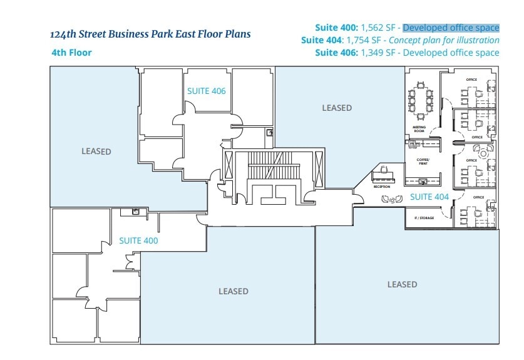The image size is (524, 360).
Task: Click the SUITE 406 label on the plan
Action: pos(206,91)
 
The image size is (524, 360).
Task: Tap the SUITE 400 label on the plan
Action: pos(138,240)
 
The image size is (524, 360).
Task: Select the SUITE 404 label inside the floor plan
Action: pos(429,197)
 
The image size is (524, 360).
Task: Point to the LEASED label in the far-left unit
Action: pos(96,152)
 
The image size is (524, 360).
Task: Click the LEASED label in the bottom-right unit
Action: pos(402,284)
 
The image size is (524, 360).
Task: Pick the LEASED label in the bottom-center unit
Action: pos(234,291)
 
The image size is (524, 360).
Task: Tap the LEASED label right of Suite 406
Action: pos(337,108)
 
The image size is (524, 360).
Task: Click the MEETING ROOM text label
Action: pos(419,129)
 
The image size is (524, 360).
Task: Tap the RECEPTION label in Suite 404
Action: pos(382,187)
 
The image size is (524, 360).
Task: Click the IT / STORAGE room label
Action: pos(424,218)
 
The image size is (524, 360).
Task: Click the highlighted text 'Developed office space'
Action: pos(451,28)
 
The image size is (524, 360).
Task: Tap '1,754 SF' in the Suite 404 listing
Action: pos(362,40)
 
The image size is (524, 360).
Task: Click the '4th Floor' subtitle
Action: pos(71,53)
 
